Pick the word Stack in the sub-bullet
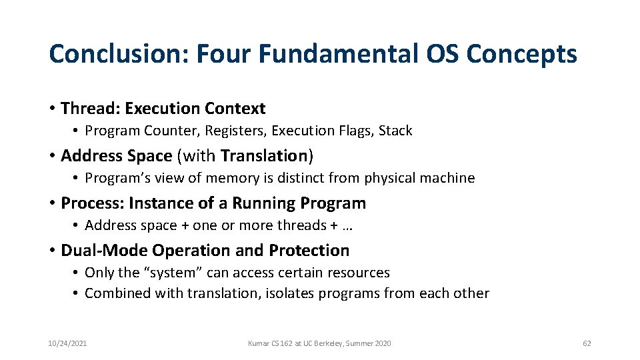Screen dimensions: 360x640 click(x=395, y=131)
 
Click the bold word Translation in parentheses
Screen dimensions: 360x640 click(x=263, y=155)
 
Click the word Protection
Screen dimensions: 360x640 click(x=309, y=250)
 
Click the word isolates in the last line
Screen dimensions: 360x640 click(x=289, y=293)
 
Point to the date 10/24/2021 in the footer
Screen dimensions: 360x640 click(x=67, y=343)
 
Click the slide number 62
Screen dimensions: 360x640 click(x=587, y=343)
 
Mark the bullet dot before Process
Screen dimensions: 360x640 click(x=52, y=203)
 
